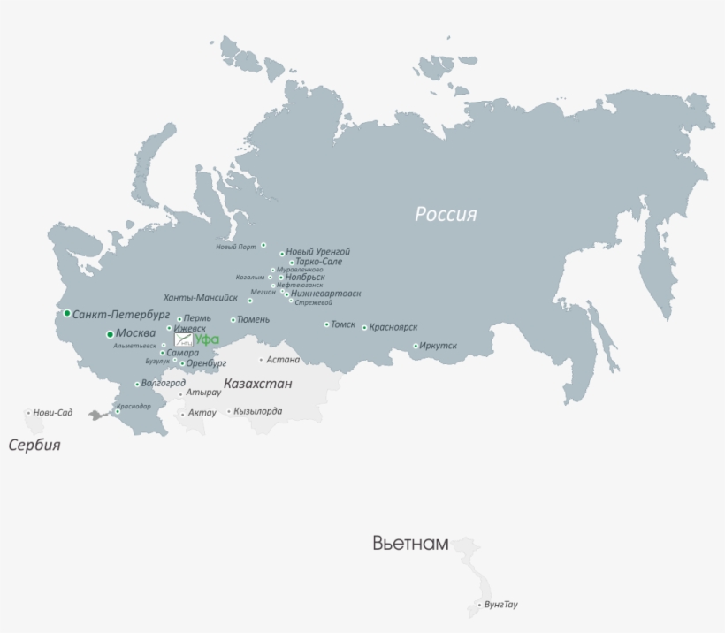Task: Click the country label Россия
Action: pyautogui.click(x=446, y=214)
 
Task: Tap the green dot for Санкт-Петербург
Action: pyautogui.click(x=66, y=313)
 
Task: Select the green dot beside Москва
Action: pyautogui.click(x=110, y=333)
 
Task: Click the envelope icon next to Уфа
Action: pyautogui.click(x=183, y=339)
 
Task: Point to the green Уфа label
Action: pyautogui.click(x=207, y=339)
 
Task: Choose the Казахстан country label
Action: pyautogui.click(x=258, y=385)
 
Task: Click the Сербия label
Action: pyautogui.click(x=34, y=445)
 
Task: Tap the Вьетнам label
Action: pyautogui.click(x=410, y=543)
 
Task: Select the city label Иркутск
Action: pyautogui.click(x=439, y=346)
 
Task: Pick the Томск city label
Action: pyautogui.click(x=343, y=324)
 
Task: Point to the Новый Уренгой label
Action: pyautogui.click(x=318, y=252)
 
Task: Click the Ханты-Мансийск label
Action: pyautogui.click(x=201, y=298)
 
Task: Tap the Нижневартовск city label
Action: pyautogui.click(x=326, y=294)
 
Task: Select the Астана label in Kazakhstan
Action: pyautogui.click(x=284, y=360)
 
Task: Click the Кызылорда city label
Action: pyautogui.click(x=258, y=411)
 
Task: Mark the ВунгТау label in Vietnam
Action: pyautogui.click(x=500, y=606)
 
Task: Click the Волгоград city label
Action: pyautogui.click(x=164, y=384)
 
